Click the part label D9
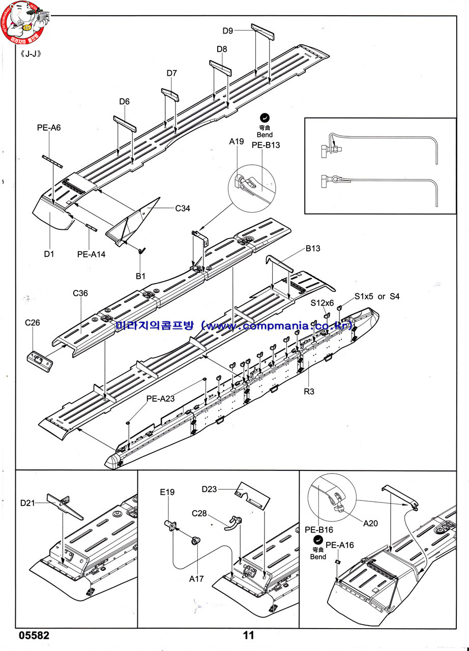coord(227,31)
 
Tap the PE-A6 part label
coord(49,128)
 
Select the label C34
coord(182,208)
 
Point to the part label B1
coord(140,276)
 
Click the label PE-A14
coord(91,254)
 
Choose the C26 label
coord(32,322)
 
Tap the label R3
coord(309,392)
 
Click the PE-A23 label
coord(160,399)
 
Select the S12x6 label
coord(323,303)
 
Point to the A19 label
coord(237,141)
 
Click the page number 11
coord(248,635)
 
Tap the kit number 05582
coord(34,635)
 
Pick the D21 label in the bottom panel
coord(28,503)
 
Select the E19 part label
coord(167,492)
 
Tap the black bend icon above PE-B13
coord(264,117)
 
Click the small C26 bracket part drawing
coord(40,358)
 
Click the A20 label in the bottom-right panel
coord(370,523)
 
